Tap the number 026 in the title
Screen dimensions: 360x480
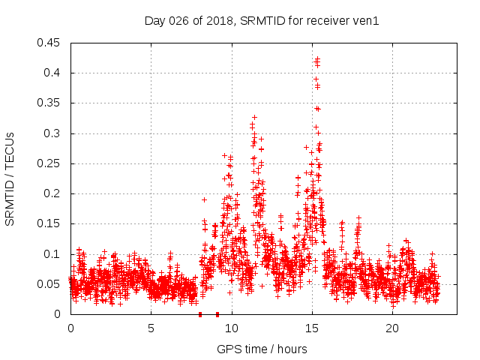[178, 21]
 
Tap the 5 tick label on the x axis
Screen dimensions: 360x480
[151, 328]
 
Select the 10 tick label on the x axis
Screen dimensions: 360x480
[232, 328]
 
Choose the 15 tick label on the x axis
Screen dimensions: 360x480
[312, 328]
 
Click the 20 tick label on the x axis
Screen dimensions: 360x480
[392, 328]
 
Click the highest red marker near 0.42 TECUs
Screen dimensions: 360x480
[317, 58]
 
